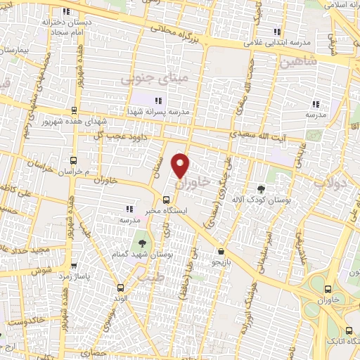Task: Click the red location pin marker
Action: pos(181,165)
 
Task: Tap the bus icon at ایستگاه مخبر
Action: pos(166,199)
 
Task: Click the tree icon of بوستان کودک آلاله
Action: pos(261,188)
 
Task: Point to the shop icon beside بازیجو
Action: pos(221,251)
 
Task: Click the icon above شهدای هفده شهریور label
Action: pos(74,110)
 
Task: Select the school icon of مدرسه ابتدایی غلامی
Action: pos(276,32)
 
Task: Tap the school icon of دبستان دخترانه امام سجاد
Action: pos(67,12)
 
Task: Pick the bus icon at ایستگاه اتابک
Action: pos(349,330)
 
